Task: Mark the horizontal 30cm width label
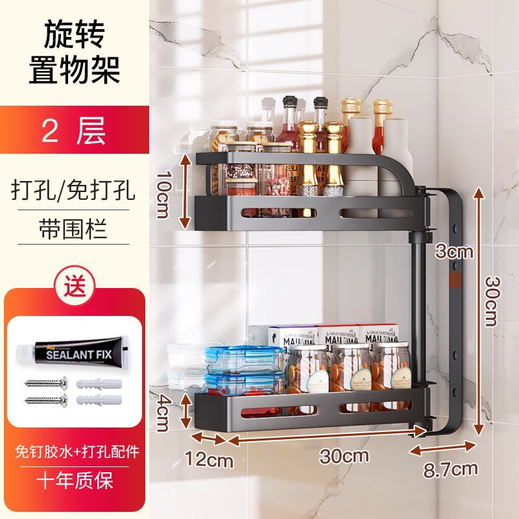336,456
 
